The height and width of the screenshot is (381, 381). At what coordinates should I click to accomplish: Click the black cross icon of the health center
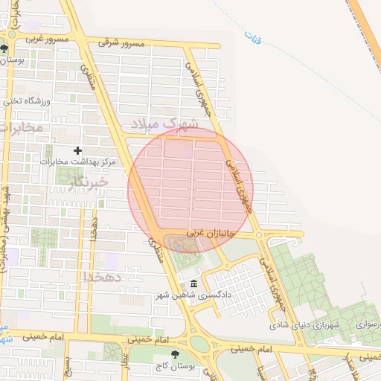coord(77,150)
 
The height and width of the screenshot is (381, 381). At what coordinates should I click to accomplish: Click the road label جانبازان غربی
coord(211,234)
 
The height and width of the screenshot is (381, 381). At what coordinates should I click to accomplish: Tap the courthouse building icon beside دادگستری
coord(193,285)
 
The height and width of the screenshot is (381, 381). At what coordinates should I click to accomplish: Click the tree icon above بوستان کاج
coord(175,354)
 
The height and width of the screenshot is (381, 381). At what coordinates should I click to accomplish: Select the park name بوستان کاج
coord(175,366)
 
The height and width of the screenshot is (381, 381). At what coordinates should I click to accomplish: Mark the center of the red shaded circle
coord(190,190)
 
